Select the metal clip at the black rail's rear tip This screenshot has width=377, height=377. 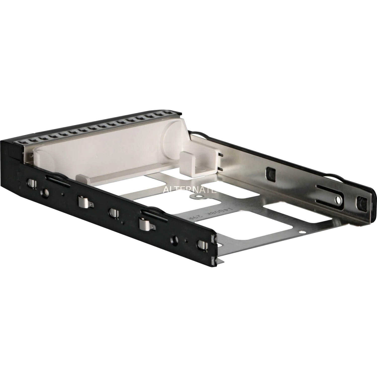(202, 244)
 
